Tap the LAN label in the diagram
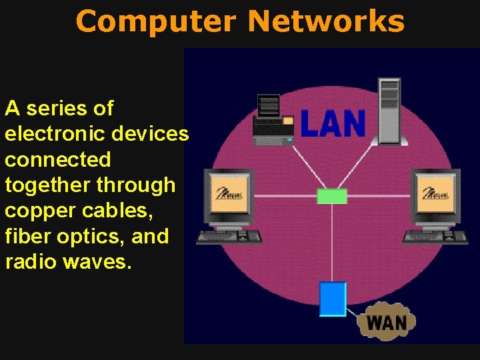(x=333, y=123)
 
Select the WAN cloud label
(x=387, y=323)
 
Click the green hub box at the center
(x=331, y=196)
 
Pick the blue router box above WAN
(x=333, y=299)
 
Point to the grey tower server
(x=389, y=110)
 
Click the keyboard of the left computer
(x=229, y=236)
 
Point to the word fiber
(x=25, y=236)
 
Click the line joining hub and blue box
(x=331, y=243)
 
